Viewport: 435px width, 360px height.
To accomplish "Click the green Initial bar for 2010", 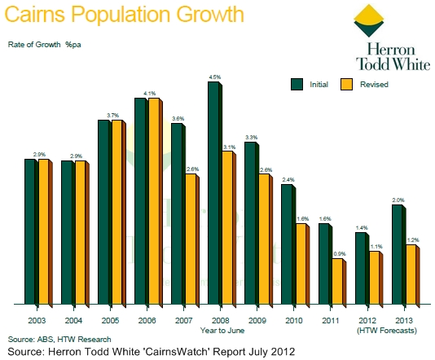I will click(x=287, y=244).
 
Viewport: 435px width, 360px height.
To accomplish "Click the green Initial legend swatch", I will click(x=297, y=83).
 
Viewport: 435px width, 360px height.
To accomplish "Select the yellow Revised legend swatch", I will click(x=345, y=83).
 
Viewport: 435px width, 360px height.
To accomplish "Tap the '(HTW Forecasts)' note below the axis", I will click(x=388, y=330).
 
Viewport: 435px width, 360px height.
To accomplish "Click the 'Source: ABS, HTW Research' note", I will click(x=59, y=338).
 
